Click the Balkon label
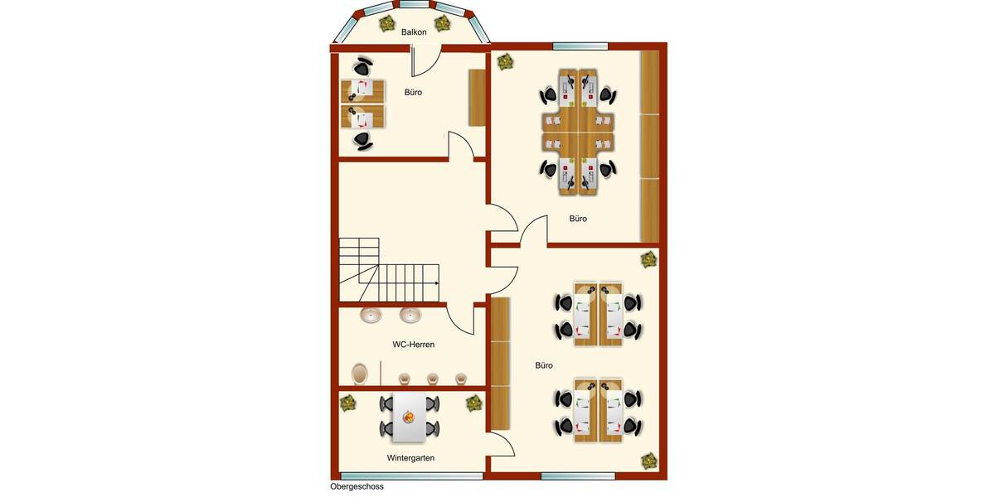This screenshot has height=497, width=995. (414, 32)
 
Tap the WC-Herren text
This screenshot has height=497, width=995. (413, 344)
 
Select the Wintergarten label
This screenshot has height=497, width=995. (410, 457)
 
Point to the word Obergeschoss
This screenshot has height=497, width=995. (357, 486)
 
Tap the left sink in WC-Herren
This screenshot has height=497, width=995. (371, 316)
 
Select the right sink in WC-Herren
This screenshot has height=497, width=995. (410, 316)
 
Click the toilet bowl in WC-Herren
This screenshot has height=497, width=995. (360, 374)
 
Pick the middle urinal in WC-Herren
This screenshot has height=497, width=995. (432, 379)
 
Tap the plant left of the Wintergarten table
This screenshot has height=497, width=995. (347, 403)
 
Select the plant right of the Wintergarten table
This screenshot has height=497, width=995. (473, 403)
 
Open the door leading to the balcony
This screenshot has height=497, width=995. (425, 61)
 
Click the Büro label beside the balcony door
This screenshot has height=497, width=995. (413, 93)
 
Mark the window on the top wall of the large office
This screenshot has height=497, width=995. (580, 46)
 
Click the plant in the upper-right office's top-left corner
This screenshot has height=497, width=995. (504, 60)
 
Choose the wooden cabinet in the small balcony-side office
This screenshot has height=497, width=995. (477, 98)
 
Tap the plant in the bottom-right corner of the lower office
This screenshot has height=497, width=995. (648, 459)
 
